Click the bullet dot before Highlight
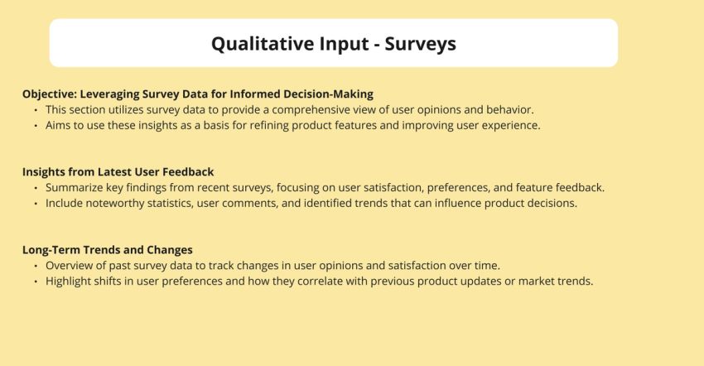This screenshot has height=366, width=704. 36,281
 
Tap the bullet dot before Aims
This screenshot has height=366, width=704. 36,125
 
